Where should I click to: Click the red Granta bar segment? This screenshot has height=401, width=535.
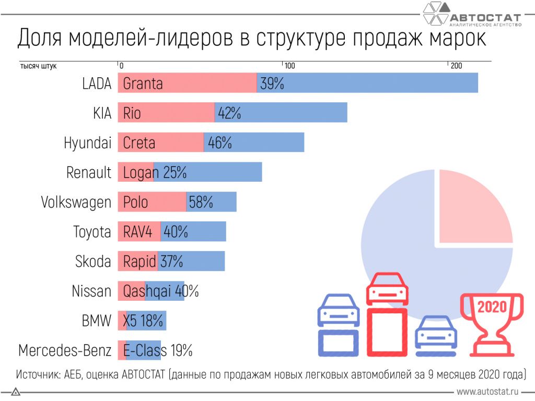[188, 83]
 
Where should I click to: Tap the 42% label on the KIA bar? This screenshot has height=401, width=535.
[230, 113]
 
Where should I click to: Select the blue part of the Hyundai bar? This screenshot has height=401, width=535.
[254, 142]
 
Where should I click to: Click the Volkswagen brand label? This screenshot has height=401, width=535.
[76, 202]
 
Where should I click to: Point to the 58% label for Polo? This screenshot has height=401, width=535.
[201, 202]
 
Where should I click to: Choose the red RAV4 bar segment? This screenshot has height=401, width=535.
[139, 231]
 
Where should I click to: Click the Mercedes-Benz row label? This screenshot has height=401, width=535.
[65, 350]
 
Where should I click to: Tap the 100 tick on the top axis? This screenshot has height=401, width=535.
[289, 66]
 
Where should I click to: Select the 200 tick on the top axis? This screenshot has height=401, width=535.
[456, 66]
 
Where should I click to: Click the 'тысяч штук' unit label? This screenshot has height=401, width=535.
[38, 66]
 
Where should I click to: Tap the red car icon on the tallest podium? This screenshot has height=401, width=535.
[387, 288]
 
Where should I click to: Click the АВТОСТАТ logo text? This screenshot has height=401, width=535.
[485, 18]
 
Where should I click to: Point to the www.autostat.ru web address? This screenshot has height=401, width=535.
[487, 392]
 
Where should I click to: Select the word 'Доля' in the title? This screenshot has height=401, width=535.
[40, 38]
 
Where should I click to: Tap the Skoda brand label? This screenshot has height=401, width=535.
[93, 261]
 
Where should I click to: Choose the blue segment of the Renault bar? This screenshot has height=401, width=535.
[208, 172]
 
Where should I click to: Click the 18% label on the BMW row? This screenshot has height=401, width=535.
[152, 321]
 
